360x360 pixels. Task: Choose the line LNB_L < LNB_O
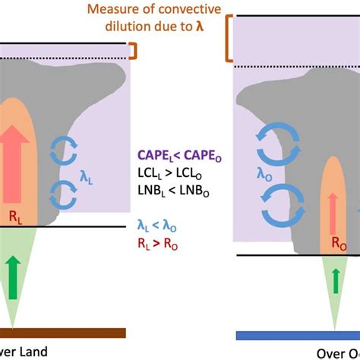179,191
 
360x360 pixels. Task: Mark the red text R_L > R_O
179,242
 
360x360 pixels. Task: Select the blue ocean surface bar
297,335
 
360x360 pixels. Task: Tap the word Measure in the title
109,10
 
